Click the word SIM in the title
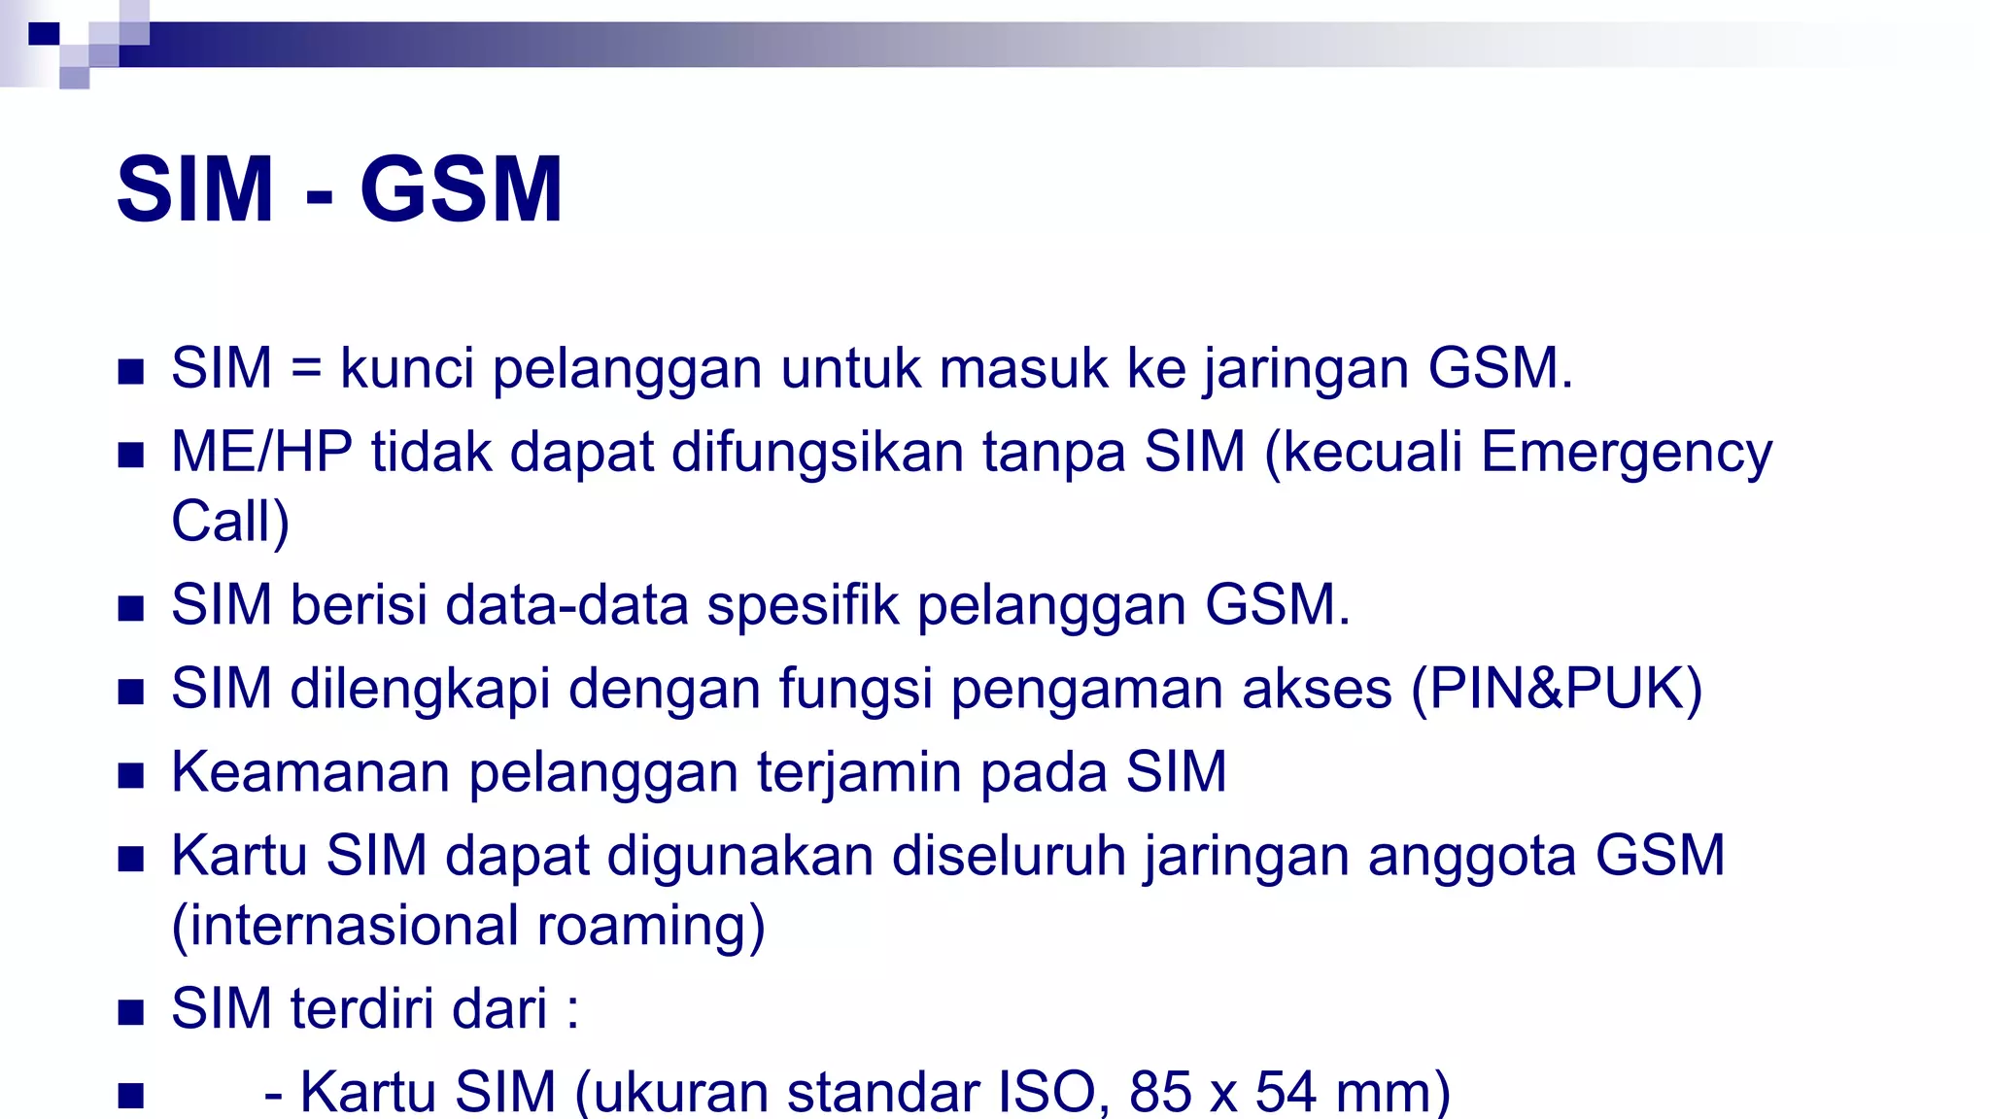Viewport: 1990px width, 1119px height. click(194, 189)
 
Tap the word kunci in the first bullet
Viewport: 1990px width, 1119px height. click(407, 368)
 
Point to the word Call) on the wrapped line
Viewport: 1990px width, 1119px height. click(230, 522)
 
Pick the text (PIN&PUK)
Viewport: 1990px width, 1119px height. click(1557, 689)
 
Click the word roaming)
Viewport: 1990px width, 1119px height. click(651, 926)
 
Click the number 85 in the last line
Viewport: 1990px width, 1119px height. click(1160, 1092)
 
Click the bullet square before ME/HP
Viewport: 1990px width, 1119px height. click(131, 455)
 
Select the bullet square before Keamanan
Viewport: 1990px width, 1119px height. click(131, 775)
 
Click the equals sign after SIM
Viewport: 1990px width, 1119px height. click(305, 369)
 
